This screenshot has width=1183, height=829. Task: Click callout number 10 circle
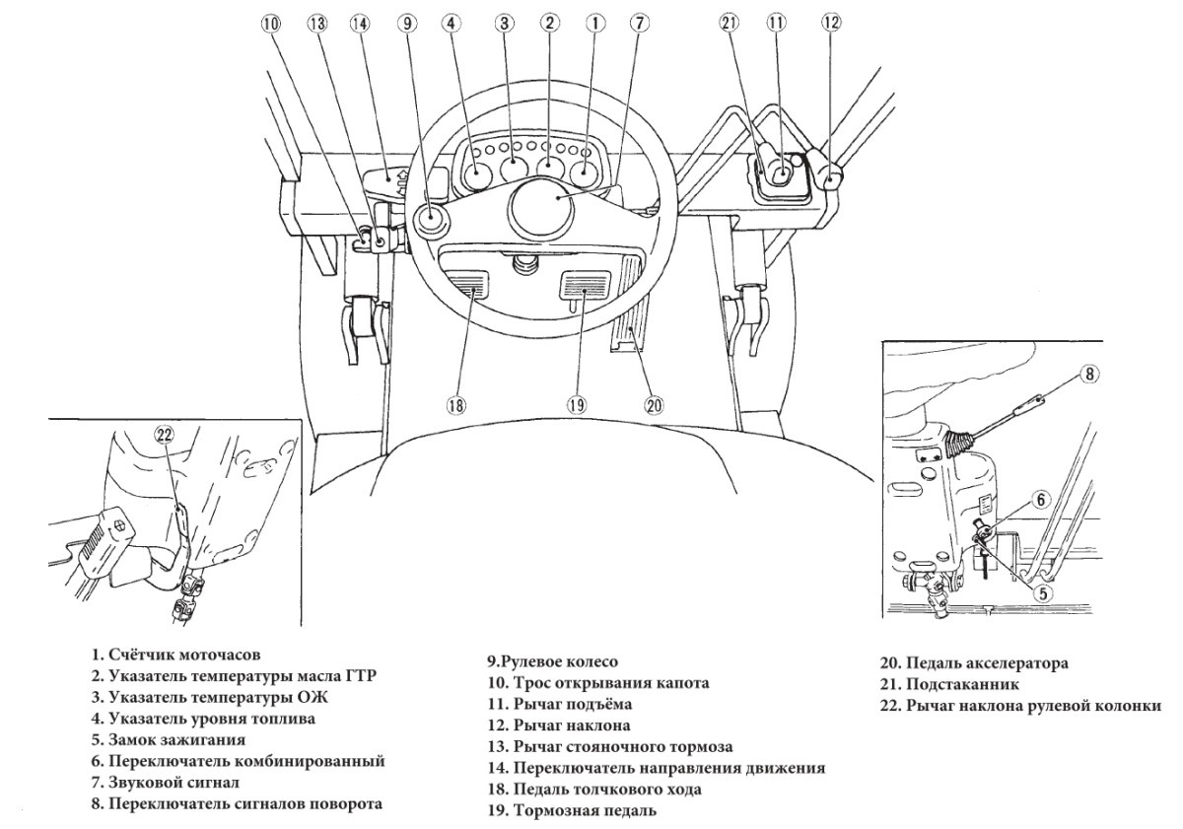coord(271,24)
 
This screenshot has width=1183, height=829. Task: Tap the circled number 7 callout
coord(639,23)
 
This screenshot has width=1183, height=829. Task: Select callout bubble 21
coord(730,23)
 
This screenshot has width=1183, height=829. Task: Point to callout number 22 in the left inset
coord(165,435)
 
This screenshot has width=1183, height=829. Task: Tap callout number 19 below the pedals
coord(577,405)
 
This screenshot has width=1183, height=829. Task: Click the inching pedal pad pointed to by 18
coord(467,284)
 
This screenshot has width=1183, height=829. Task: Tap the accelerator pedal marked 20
coord(631,304)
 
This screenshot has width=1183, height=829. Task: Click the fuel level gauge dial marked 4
coord(476,173)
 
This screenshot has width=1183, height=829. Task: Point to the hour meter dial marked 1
coord(584,173)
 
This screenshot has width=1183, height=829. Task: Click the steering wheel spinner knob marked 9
coord(430,216)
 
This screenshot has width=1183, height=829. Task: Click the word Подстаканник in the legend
coord(962,685)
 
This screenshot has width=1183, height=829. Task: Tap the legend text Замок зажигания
coord(176,739)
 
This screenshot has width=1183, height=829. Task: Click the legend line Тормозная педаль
coord(585,810)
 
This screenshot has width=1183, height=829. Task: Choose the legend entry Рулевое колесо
coord(559,661)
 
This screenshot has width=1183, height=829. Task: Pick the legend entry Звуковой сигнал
coord(174,783)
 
